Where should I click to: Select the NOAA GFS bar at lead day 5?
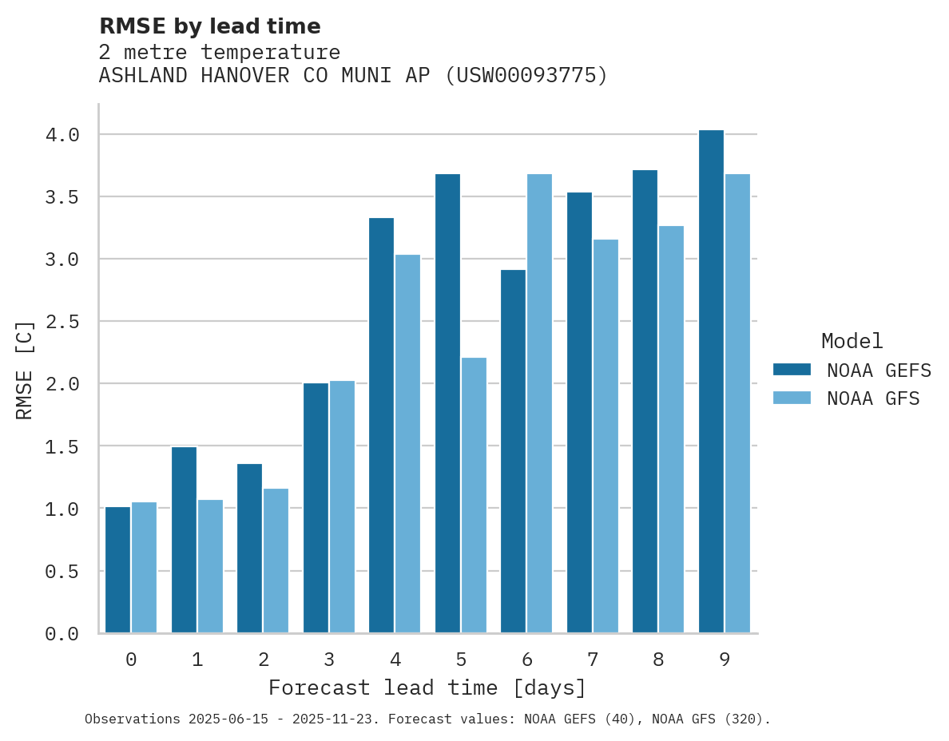[x=474, y=495]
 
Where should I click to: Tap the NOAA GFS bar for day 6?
[x=539, y=403]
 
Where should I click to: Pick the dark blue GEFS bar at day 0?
[x=117, y=570]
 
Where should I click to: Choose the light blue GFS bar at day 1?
[x=210, y=566]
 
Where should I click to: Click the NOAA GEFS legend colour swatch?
[x=792, y=370]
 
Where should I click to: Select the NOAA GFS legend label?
[x=873, y=398]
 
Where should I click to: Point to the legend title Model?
[x=852, y=341]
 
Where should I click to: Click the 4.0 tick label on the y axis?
[x=62, y=135]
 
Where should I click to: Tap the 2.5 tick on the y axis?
[x=62, y=322]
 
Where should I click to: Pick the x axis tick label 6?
[x=527, y=660]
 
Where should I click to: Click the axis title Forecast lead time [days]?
[x=427, y=688]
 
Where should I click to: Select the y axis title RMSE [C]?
[x=25, y=370]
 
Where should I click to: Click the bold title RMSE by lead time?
[x=210, y=26]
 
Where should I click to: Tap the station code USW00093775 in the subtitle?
[x=525, y=76]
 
